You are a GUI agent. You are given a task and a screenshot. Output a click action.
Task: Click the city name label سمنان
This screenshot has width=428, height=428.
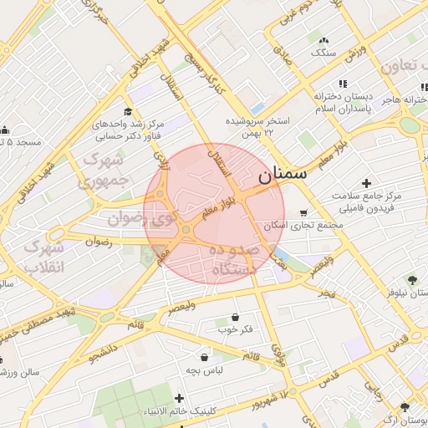pos(282,175)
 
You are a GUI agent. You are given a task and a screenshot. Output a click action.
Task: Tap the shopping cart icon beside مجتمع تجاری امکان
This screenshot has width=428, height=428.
pos(303,212)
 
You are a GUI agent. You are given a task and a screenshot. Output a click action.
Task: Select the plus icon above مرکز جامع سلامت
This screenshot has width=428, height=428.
pos(366,183)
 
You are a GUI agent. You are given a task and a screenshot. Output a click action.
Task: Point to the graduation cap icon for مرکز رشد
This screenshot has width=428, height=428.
pos(128,112)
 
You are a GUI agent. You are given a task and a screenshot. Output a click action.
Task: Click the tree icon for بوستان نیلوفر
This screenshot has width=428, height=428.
pos(411,279)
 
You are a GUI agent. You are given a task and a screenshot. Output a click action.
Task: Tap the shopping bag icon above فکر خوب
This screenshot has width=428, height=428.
pos(235,318)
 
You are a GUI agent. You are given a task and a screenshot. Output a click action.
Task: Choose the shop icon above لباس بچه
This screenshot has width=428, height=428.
pos(204,357)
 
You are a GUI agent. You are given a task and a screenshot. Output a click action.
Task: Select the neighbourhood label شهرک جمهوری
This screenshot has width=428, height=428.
pos(104,169)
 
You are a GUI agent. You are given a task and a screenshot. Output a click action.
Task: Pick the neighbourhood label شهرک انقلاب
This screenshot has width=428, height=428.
pos(43,258)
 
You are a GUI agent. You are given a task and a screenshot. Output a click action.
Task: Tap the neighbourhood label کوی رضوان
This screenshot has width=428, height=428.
pos(139,220)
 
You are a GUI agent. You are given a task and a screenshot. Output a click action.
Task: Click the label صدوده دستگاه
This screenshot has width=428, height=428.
pos(237,260)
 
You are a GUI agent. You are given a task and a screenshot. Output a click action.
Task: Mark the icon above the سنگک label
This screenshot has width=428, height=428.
pos(324,40)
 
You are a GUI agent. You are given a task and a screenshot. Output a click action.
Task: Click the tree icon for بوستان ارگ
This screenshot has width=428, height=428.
pos(405,407)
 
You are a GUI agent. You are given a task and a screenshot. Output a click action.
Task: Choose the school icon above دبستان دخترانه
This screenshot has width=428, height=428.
pos(343,84)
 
